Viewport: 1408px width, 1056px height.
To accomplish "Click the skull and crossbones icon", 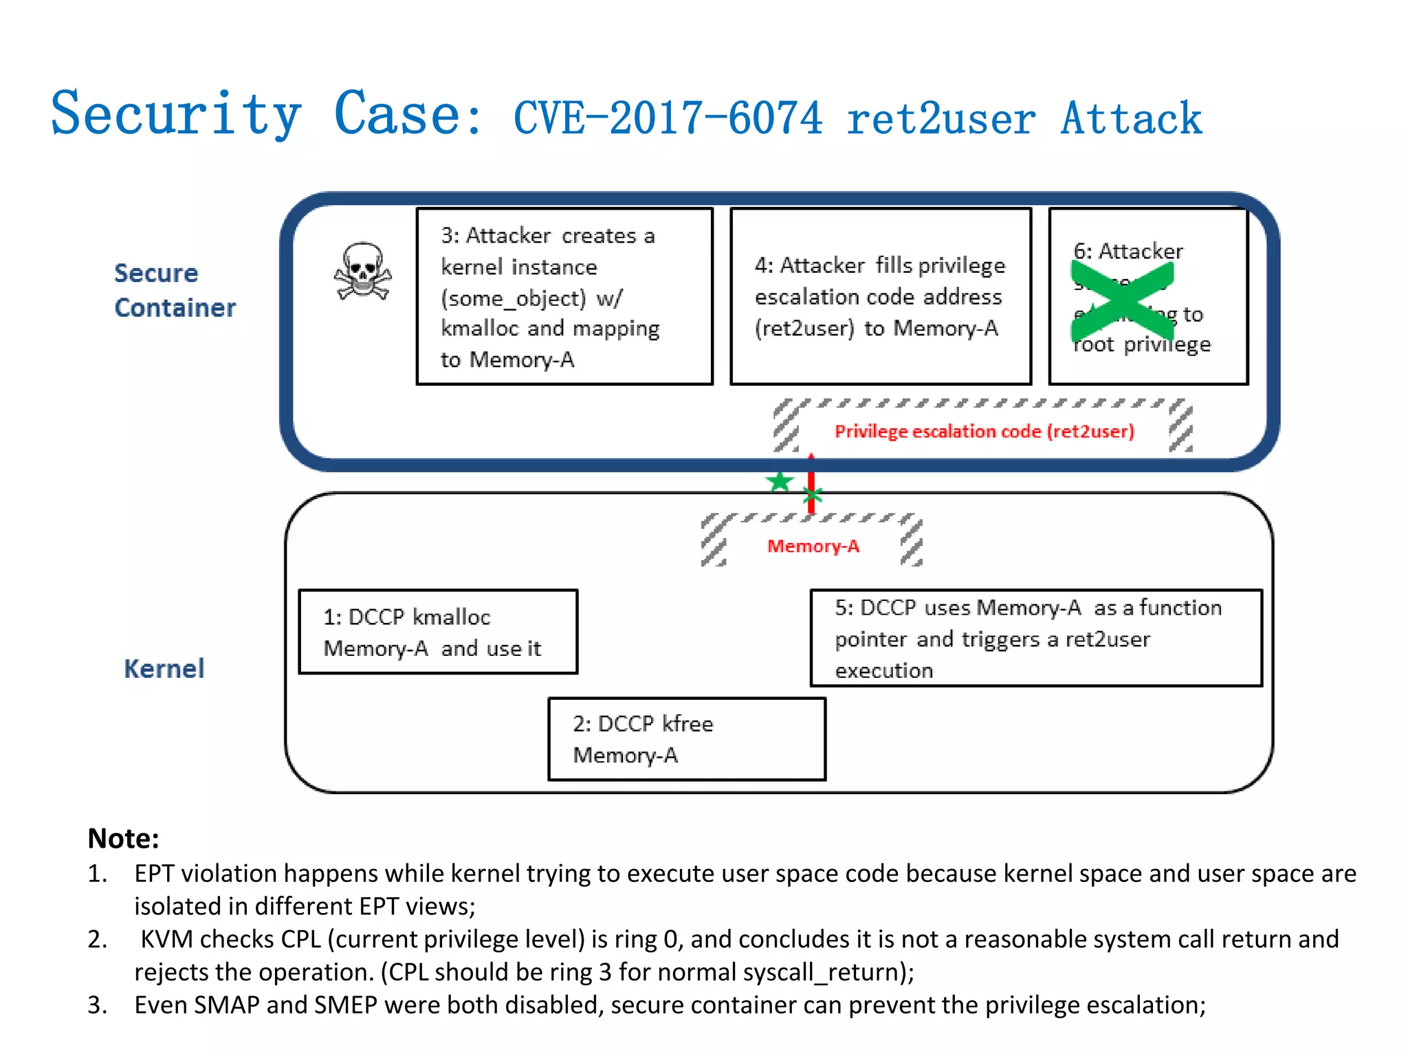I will tap(362, 272).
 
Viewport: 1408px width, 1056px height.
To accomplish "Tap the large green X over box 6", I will tap(1122, 301).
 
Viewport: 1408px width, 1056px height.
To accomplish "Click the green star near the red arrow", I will tap(780, 481).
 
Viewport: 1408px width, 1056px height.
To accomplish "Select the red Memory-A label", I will tap(813, 546).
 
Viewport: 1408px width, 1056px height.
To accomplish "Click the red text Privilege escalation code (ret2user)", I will tap(984, 431).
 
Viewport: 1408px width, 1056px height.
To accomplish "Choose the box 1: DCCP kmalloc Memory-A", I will tap(438, 632).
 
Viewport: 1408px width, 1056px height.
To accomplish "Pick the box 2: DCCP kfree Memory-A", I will tap(686, 739).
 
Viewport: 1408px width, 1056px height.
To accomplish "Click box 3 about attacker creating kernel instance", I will tap(564, 296).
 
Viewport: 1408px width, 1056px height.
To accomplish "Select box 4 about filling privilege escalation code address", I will tap(880, 296).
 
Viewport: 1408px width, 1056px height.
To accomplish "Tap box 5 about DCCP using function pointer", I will tap(1035, 638).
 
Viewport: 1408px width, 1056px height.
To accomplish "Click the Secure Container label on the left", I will tap(175, 290).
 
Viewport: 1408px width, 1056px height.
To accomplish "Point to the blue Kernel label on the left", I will tap(164, 668).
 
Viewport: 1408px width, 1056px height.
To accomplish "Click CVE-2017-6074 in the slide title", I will tap(668, 118).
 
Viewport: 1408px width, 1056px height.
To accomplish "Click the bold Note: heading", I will tap(124, 838).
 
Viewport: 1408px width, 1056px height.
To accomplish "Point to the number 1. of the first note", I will tap(98, 873).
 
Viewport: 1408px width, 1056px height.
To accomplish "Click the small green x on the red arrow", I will tap(813, 494).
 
